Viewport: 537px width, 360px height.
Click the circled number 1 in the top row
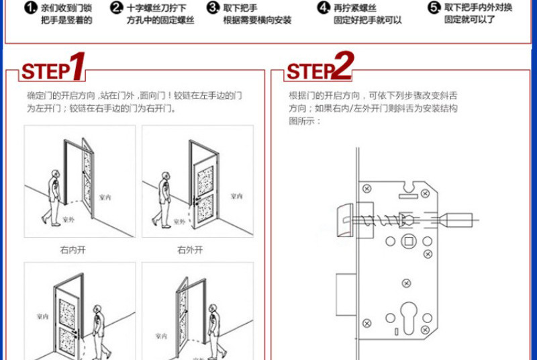point(30,8)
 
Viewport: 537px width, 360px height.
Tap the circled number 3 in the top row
point(213,8)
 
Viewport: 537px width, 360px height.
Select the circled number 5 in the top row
point(434,7)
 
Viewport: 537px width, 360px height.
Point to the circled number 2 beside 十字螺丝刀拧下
point(117,8)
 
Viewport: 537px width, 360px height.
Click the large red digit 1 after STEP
point(78,67)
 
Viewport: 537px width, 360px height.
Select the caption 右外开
point(190,250)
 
